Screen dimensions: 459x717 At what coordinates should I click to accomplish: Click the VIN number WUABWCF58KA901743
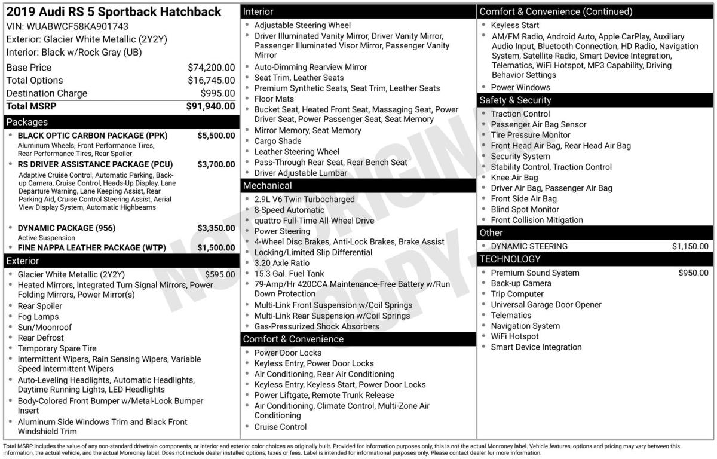click(x=77, y=26)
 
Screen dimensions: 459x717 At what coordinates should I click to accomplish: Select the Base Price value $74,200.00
click(x=211, y=68)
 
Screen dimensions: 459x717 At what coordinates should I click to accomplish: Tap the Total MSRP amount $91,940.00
click(x=210, y=106)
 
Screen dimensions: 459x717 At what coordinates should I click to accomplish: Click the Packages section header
click(x=27, y=122)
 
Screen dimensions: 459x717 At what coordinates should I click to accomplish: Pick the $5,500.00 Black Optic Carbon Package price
click(x=216, y=136)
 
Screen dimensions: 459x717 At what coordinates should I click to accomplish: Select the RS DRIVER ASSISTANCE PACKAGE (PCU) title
click(x=95, y=164)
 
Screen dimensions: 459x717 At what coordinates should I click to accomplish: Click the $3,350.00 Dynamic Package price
click(x=216, y=228)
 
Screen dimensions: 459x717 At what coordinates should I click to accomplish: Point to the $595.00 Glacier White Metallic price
click(x=220, y=274)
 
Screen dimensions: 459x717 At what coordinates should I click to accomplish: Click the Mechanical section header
click(x=267, y=186)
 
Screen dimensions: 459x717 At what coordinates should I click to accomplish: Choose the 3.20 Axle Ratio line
click(x=282, y=263)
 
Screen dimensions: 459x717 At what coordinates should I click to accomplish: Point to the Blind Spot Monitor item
click(x=525, y=209)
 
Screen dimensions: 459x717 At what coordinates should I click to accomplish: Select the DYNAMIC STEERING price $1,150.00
click(x=690, y=246)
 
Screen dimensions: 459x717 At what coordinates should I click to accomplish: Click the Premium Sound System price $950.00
click(x=693, y=273)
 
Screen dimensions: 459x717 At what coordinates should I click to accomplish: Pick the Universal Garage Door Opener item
click(x=546, y=305)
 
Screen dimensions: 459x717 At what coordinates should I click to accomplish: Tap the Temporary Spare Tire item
click(x=57, y=348)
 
